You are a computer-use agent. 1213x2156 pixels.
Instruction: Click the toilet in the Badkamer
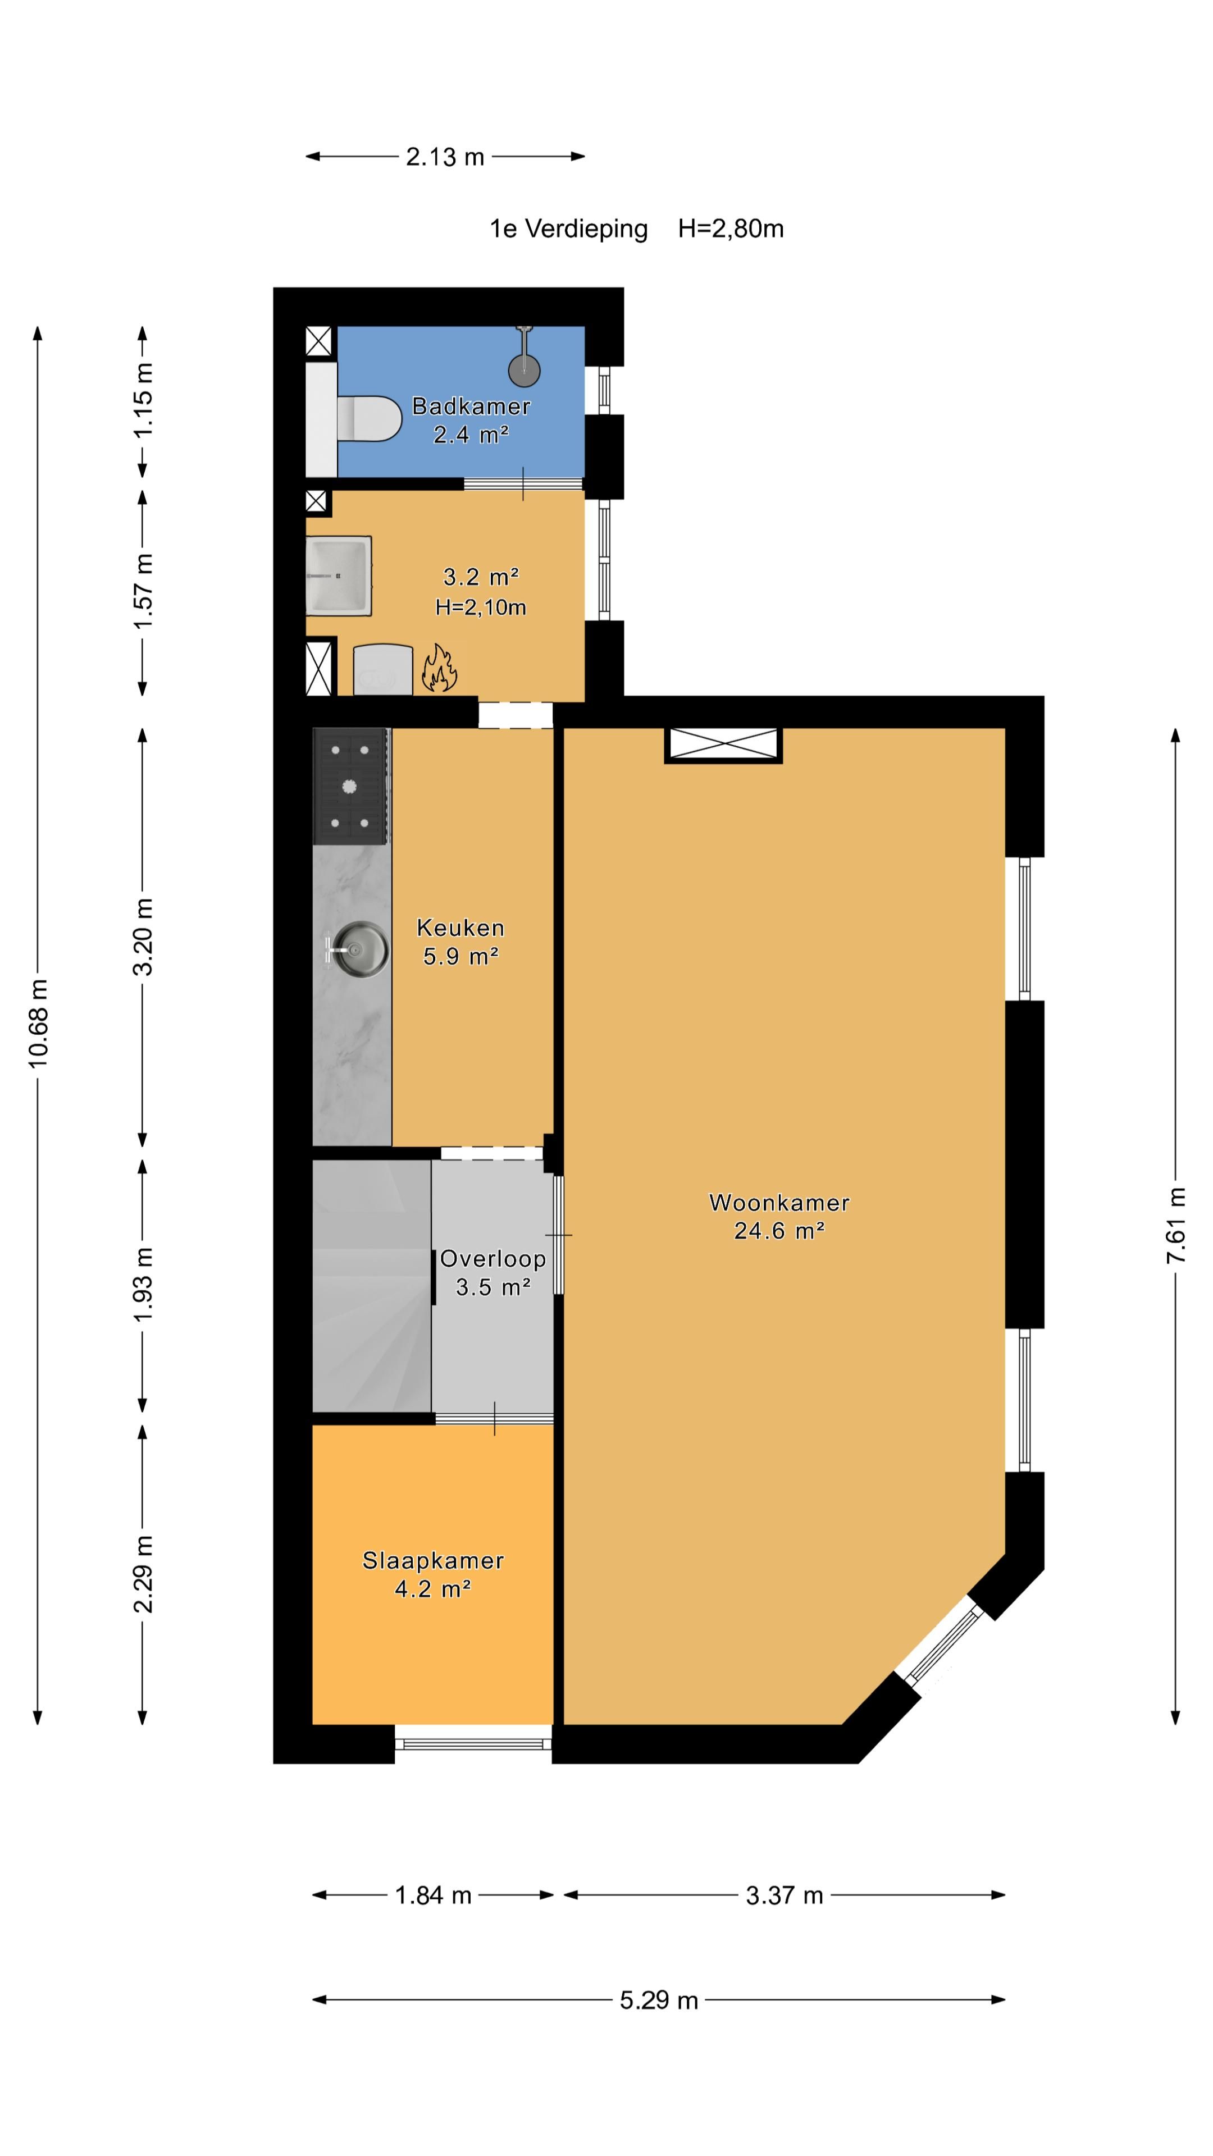click(x=368, y=418)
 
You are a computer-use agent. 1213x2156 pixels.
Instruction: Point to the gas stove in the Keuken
click(x=351, y=786)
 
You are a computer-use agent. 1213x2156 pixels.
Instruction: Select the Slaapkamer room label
click(x=433, y=1560)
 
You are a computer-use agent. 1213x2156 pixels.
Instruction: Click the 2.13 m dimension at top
click(x=445, y=157)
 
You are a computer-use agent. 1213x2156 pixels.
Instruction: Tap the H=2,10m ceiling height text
click(x=481, y=607)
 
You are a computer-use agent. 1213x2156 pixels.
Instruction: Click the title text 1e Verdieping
click(x=568, y=229)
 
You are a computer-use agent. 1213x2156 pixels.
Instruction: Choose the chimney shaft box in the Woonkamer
click(x=723, y=745)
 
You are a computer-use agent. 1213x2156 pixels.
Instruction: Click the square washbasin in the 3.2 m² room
click(x=338, y=576)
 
